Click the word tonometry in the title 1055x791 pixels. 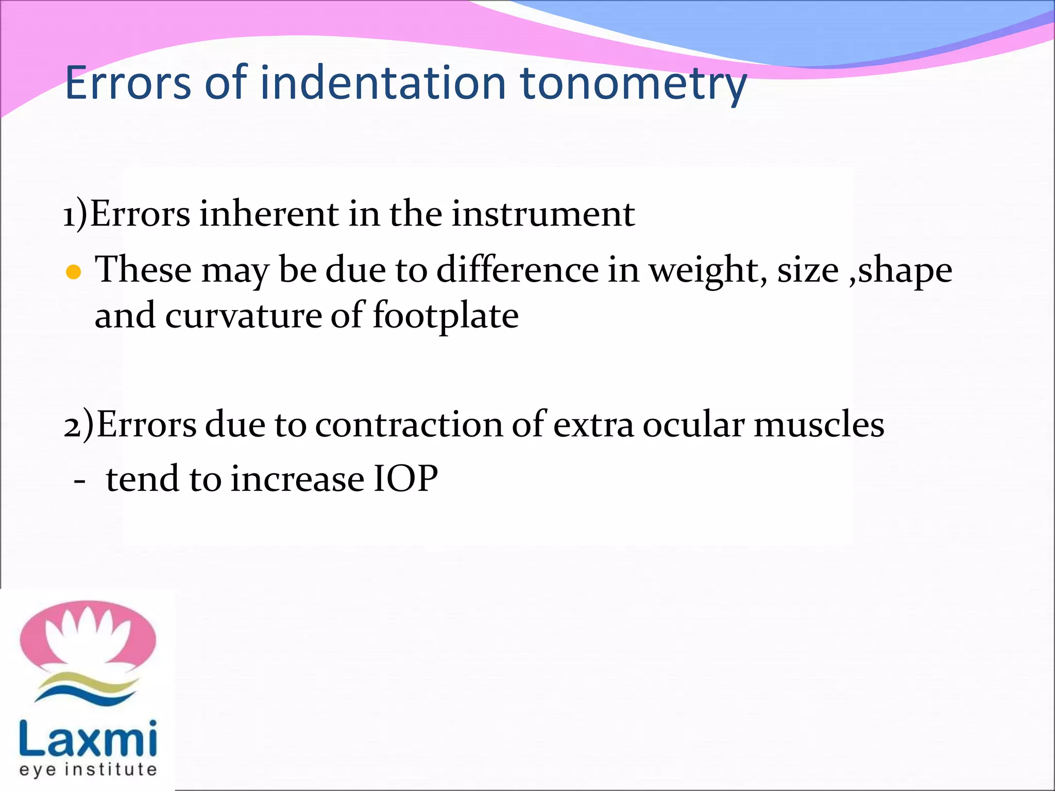tap(633, 84)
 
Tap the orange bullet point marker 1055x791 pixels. tap(74, 272)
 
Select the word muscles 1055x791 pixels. tap(819, 425)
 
